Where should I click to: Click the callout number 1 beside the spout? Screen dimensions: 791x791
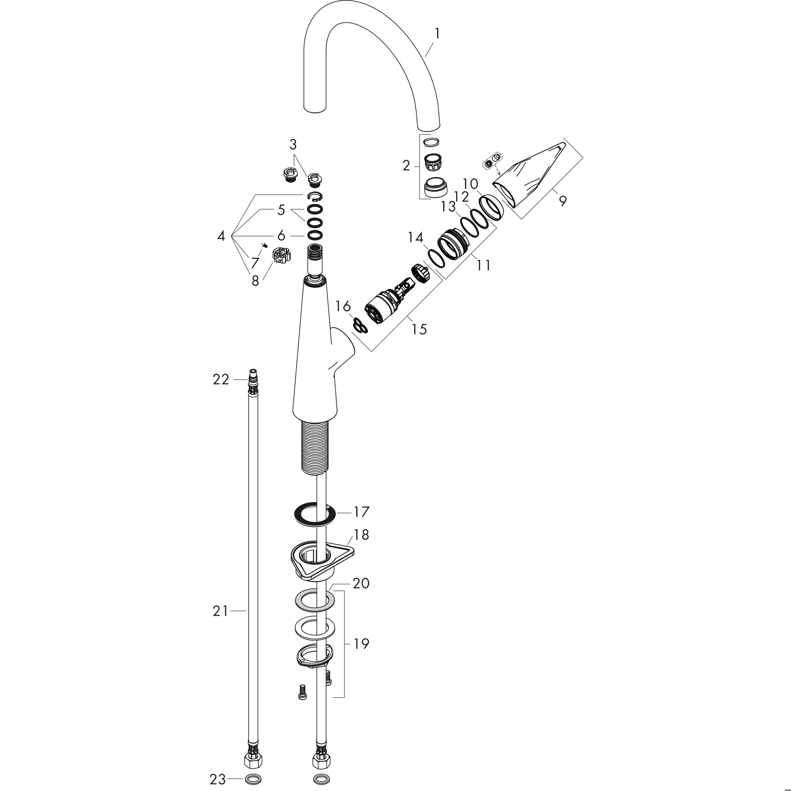tap(437, 33)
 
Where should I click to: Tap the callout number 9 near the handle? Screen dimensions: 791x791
tap(564, 201)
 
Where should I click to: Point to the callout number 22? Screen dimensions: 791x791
tap(221, 380)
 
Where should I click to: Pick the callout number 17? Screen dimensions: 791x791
tap(362, 512)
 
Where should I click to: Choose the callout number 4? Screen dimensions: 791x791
tap(221, 236)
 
